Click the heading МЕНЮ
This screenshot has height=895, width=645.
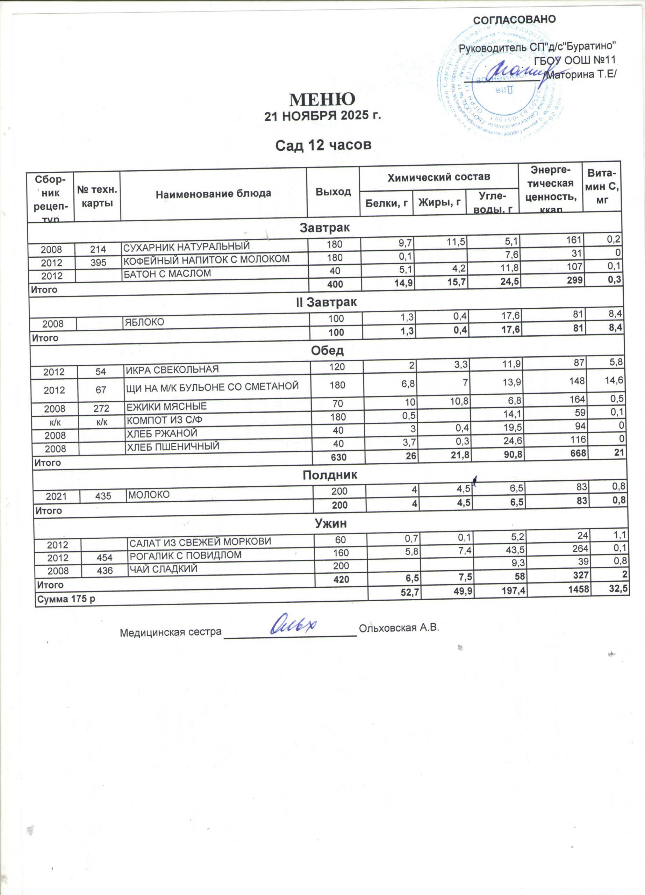tap(322, 99)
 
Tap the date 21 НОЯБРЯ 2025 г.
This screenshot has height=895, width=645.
tap(322, 116)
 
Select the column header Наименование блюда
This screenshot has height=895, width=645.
tap(213, 193)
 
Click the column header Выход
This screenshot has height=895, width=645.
tap(334, 192)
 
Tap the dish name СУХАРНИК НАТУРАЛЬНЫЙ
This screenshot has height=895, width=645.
tap(186, 246)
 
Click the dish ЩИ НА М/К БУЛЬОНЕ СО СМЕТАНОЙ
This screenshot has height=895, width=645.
tap(212, 387)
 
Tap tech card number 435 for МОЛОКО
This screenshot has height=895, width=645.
tap(103, 496)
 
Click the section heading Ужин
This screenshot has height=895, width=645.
tap(330, 524)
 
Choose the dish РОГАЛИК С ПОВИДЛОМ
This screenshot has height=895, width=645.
tap(185, 556)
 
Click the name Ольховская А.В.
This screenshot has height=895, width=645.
tap(399, 628)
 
